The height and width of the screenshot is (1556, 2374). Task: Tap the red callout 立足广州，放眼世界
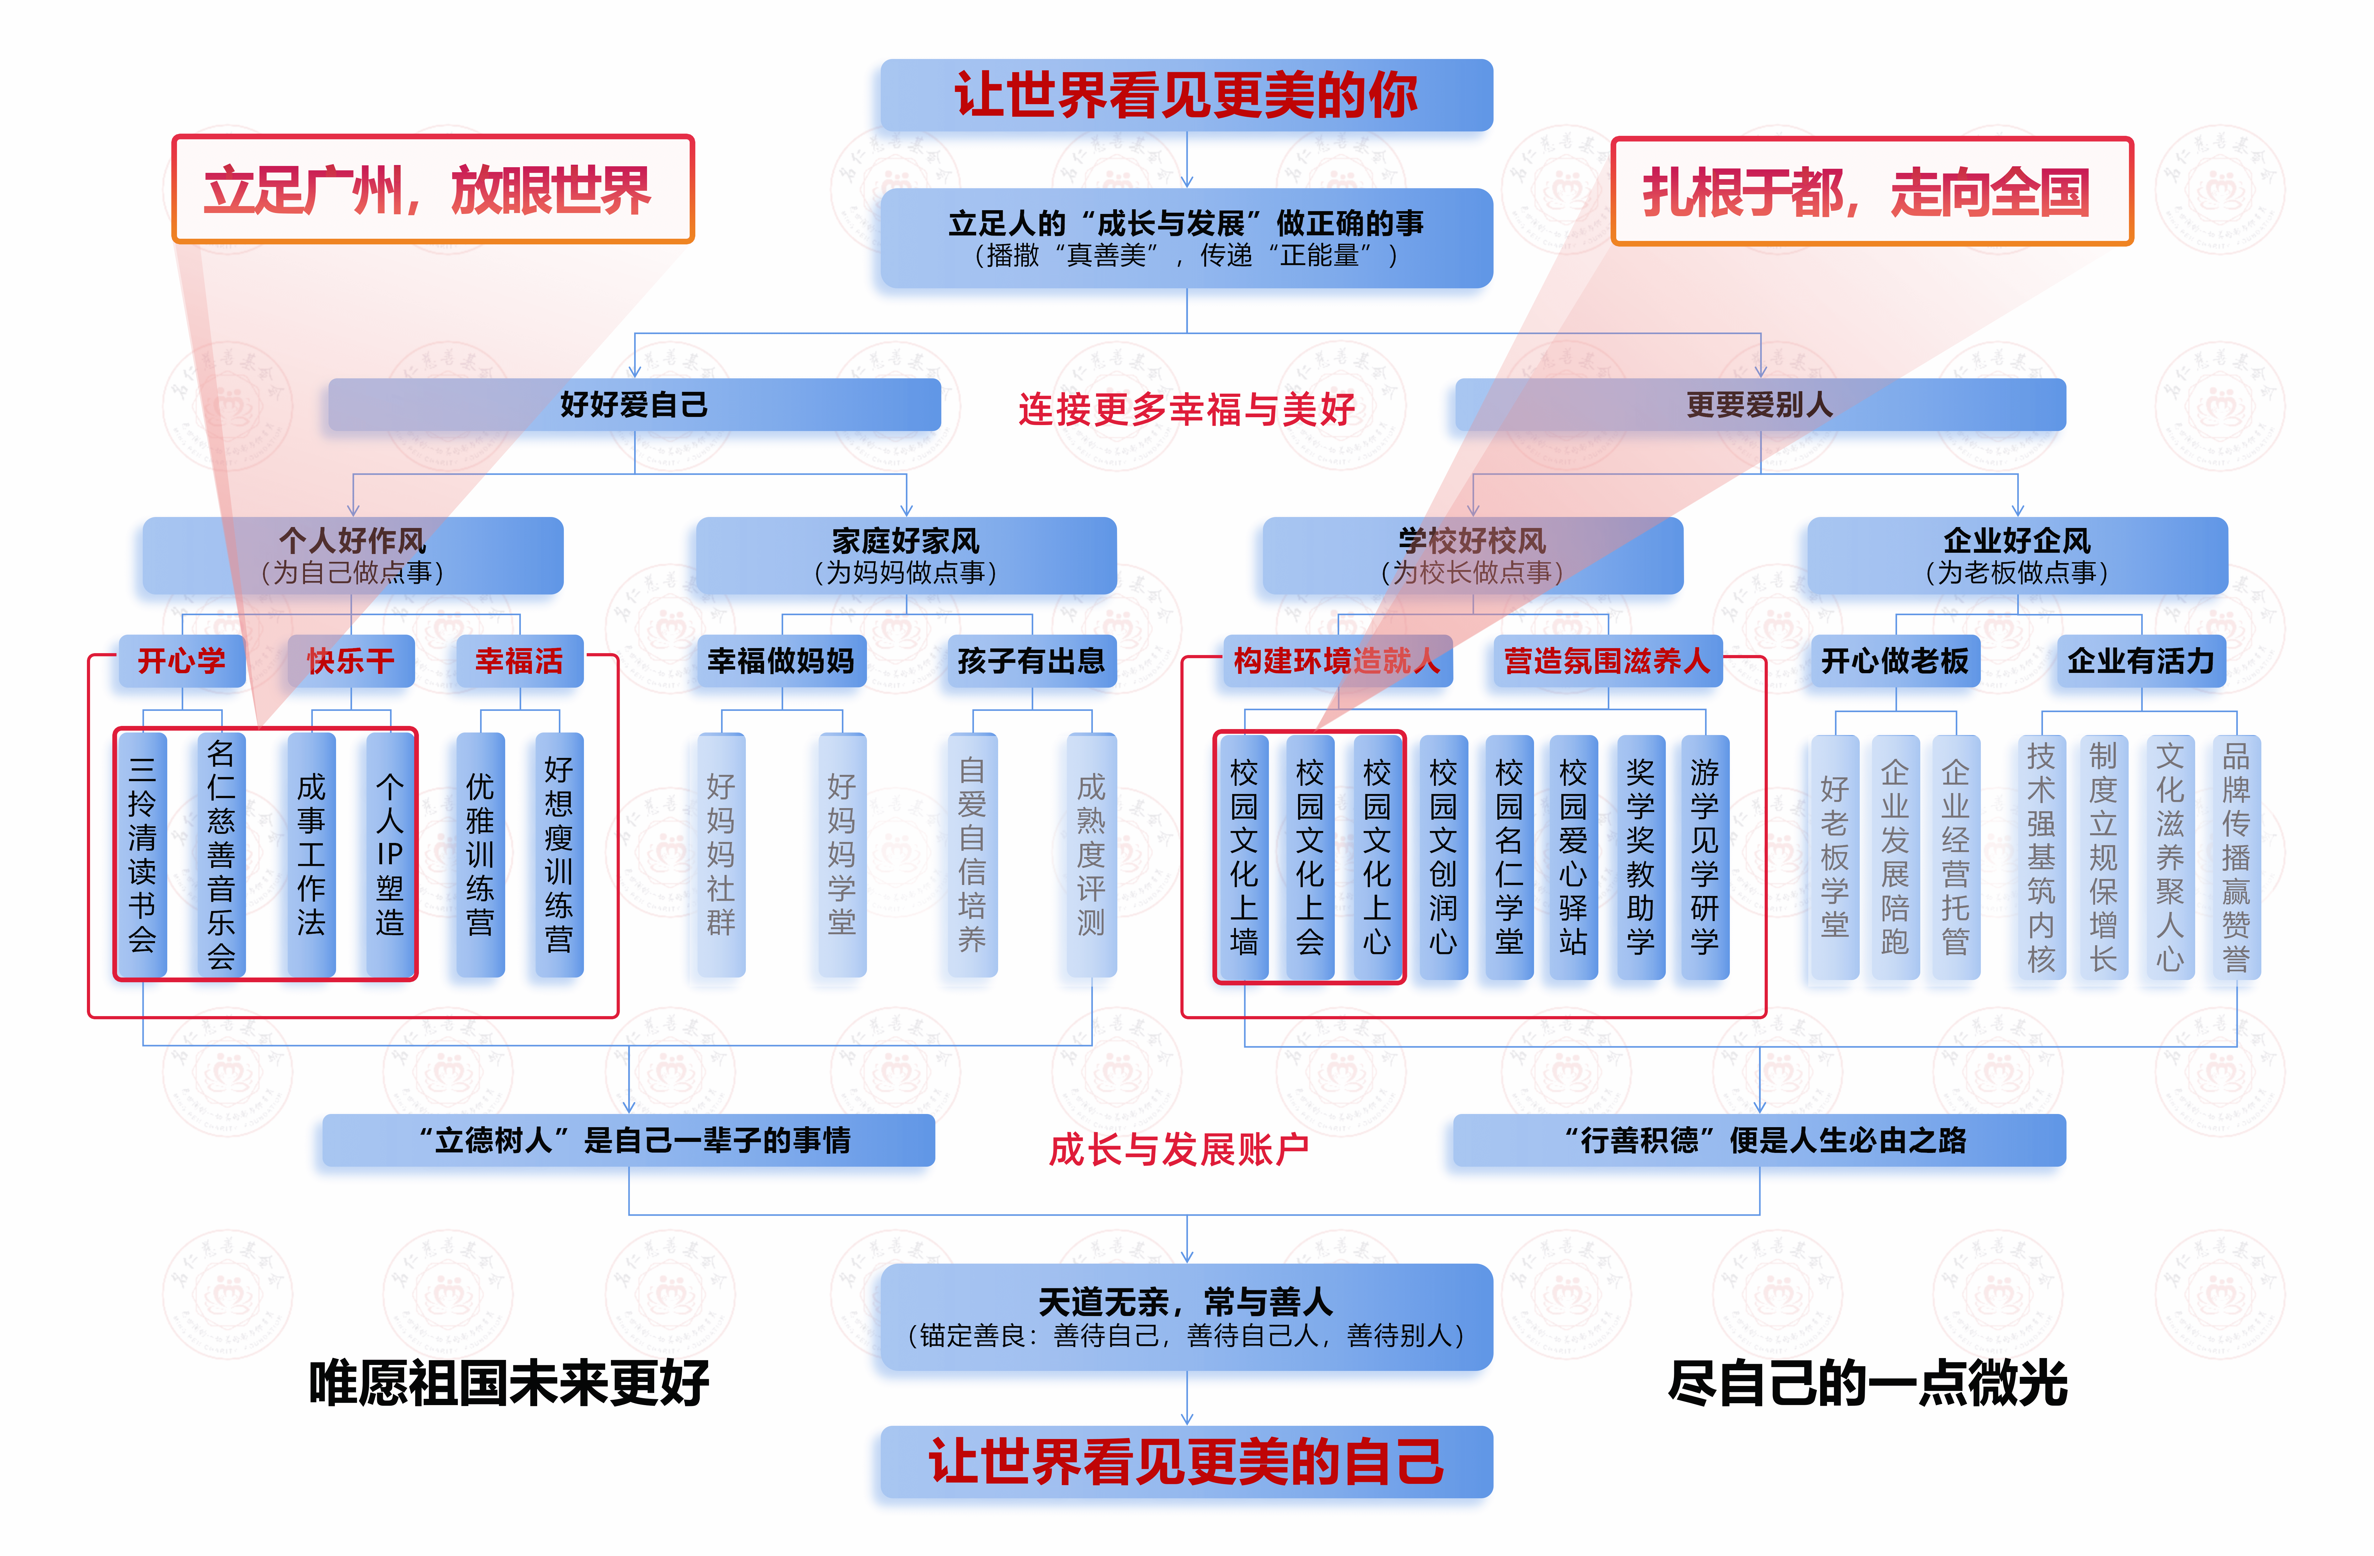(x=432, y=189)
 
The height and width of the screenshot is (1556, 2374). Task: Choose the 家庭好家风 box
(x=906, y=555)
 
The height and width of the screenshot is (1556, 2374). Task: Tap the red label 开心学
(x=182, y=660)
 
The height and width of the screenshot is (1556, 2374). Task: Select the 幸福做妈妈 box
(x=781, y=660)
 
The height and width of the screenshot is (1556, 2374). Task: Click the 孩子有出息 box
(x=1031, y=660)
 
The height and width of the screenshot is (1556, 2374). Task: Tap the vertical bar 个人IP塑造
(x=390, y=855)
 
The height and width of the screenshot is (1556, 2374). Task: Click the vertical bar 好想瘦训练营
(x=559, y=855)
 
